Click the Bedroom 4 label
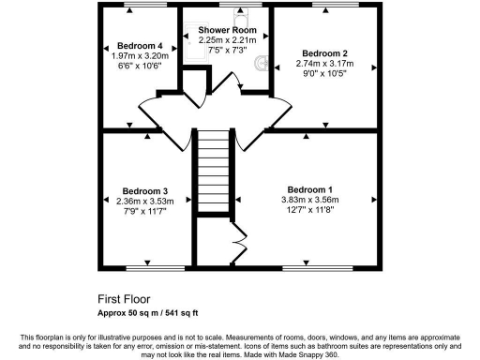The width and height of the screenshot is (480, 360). pos(141,46)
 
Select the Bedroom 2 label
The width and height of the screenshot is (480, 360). pos(322,52)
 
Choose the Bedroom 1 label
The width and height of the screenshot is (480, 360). pos(309,189)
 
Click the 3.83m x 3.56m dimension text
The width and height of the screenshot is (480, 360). pos(309,200)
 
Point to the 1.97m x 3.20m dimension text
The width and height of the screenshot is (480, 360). pos(140,56)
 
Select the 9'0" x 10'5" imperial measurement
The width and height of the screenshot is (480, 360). pos(322,73)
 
